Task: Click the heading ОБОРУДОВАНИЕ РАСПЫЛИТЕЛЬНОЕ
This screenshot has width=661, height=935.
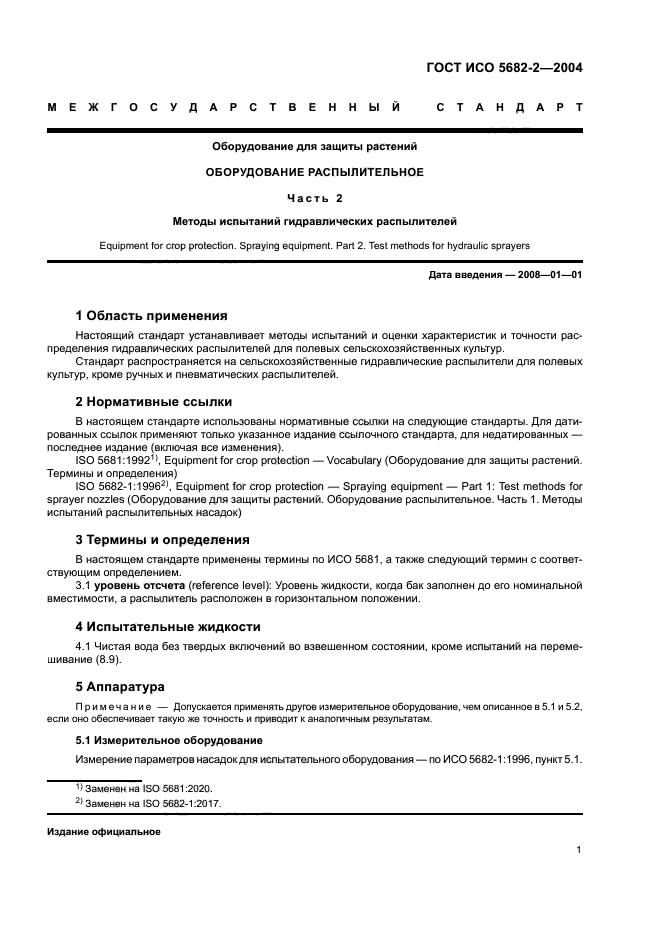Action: click(314, 172)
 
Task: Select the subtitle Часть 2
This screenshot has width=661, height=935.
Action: click(314, 198)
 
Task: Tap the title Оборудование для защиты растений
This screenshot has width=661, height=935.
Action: click(314, 146)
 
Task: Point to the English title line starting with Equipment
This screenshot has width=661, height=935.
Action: click(314, 244)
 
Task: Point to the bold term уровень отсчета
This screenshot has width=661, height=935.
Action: click(140, 584)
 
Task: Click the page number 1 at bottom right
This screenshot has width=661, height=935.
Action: click(579, 850)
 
